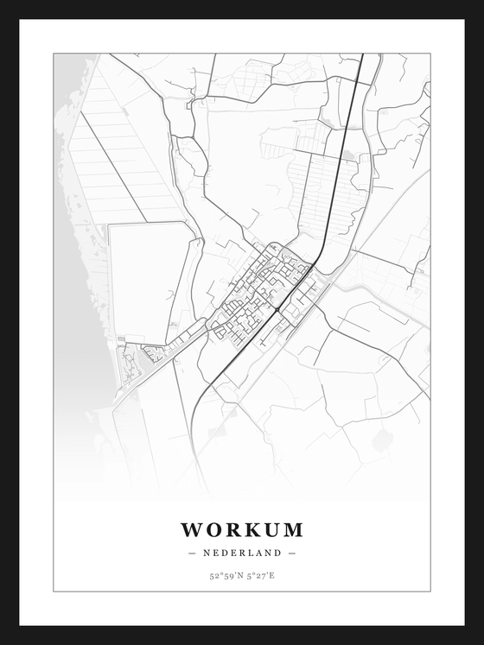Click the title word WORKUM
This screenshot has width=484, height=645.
pos(242,529)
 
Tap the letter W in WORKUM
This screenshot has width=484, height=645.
pos(191,529)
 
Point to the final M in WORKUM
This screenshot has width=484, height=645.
pos(292,529)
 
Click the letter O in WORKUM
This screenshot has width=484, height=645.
pos(213,529)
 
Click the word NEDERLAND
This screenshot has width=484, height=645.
pos(242,553)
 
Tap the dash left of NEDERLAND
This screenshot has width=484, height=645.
pos(192,553)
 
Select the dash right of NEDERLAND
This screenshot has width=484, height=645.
pos(292,553)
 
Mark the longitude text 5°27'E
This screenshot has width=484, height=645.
pos(260,576)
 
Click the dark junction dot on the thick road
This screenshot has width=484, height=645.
pos(276,308)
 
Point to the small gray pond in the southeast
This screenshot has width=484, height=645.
pos(382,440)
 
